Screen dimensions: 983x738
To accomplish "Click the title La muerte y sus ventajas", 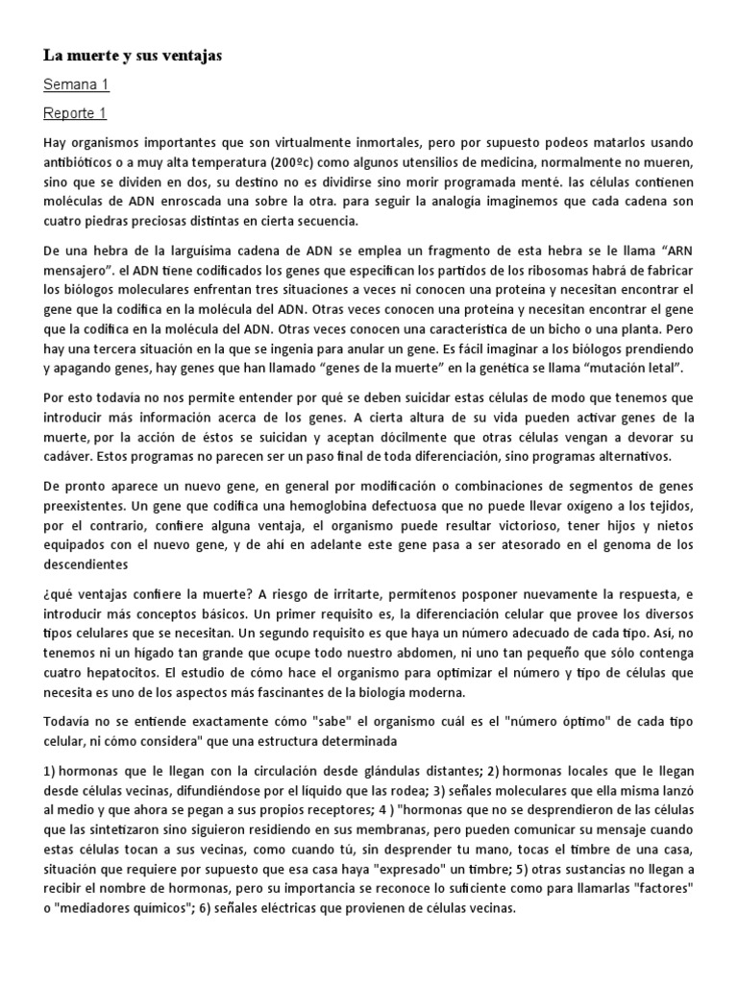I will pos(133,57).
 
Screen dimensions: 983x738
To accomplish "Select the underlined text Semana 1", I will pos(76,85).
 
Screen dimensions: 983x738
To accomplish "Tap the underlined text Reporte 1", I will pos(75,114).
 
